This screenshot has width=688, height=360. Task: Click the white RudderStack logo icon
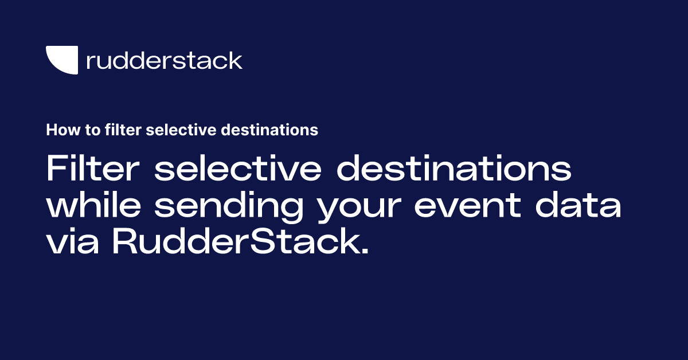click(61, 60)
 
